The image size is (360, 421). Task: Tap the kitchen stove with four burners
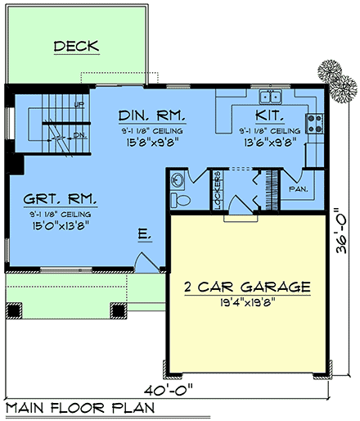313,124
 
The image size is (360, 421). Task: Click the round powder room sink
178,179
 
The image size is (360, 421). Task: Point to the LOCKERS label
218,192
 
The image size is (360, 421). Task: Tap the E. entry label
144,235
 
